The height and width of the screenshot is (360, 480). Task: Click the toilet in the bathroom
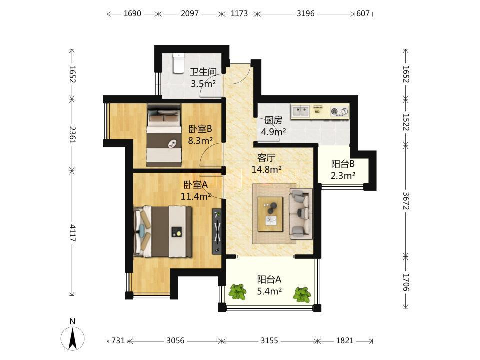tap(179, 63)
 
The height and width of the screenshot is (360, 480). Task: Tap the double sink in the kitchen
tap(300, 111)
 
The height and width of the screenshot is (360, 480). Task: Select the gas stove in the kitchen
tap(340, 111)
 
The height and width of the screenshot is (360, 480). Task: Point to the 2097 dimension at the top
tap(190, 14)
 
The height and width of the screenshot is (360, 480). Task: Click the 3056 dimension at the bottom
tap(175, 340)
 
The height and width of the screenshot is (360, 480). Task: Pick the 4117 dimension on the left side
tap(72, 233)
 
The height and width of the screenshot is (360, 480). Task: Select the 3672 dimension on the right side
tap(406, 201)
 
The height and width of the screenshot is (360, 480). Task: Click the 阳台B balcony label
tap(343, 164)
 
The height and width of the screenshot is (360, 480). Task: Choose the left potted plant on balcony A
tap(238, 291)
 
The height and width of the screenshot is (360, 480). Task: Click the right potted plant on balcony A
tap(302, 295)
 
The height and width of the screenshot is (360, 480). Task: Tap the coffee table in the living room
tap(270, 214)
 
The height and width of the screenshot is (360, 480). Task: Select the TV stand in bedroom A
tap(217, 231)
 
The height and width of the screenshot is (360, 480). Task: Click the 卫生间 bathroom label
tap(203, 72)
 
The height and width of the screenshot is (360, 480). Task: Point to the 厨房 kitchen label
tap(273, 120)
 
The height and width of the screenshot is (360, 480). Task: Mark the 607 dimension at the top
tap(363, 14)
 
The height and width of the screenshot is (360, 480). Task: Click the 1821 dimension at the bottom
tap(345, 340)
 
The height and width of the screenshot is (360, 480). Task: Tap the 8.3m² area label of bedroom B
tap(200, 141)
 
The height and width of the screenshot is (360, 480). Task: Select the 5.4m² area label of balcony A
tap(269, 291)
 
